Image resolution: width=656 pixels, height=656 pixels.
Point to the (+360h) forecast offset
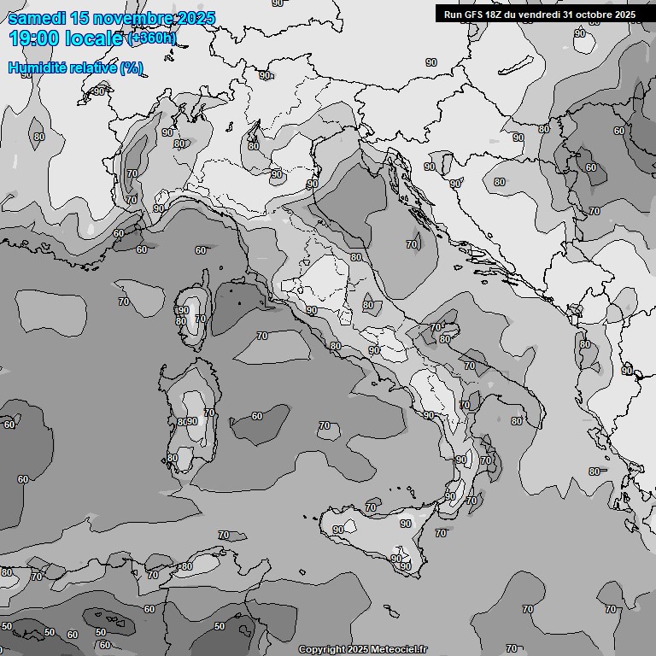[x=152, y=38]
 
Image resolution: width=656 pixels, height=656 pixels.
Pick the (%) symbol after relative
[x=131, y=67]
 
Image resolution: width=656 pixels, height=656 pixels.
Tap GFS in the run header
[x=475, y=15]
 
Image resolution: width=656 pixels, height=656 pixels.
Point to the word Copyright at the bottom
[x=322, y=649]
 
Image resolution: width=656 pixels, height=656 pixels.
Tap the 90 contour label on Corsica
[x=183, y=310]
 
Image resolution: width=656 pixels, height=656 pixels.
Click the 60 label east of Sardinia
[x=257, y=416]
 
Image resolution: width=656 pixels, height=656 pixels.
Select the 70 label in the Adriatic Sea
[x=412, y=244]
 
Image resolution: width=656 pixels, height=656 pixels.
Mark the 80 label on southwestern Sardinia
[x=173, y=458]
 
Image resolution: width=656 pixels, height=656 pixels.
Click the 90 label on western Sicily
[x=338, y=530]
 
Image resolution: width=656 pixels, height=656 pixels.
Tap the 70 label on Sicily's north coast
[x=371, y=507]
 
